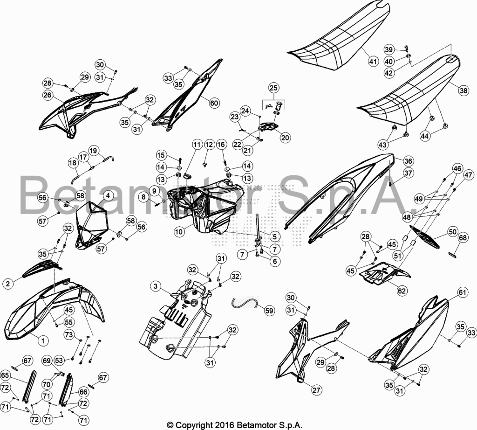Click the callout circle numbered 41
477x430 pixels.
[x=373, y=61]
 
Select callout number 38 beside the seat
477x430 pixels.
[x=464, y=90]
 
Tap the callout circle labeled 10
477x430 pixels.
[x=179, y=232]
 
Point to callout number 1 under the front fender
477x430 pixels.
[x=43, y=340]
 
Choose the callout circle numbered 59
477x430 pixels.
[x=270, y=310]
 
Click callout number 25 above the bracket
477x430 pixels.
[x=274, y=88]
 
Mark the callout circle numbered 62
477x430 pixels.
[x=402, y=291]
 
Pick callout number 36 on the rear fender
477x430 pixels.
[x=408, y=161]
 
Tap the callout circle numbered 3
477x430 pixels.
[x=156, y=286]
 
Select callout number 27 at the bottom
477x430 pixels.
[x=317, y=390]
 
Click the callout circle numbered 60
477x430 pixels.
[x=214, y=103]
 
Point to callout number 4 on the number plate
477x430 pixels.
[x=108, y=195]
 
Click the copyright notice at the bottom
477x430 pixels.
[x=235, y=425]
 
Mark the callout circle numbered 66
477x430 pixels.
[x=83, y=392]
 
